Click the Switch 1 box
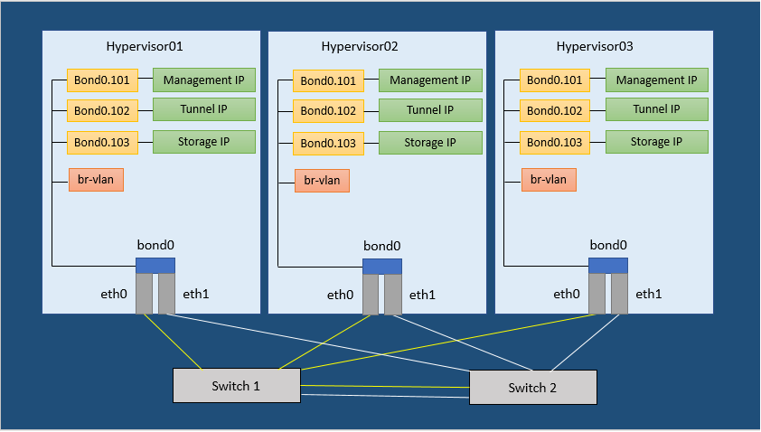point(236,386)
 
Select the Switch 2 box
point(532,388)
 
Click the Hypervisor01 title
point(145,46)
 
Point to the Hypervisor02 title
point(360,46)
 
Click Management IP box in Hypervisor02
point(430,80)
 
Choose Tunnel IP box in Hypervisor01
point(204,110)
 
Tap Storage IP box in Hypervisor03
point(657,142)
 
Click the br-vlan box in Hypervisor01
point(96,180)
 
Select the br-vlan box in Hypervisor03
point(549,180)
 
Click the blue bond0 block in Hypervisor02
point(382,266)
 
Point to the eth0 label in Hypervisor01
point(114,294)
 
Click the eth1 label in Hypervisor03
point(649,294)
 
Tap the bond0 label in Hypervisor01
point(155,245)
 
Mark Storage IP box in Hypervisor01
point(204,142)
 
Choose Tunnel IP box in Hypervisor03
point(657,110)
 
